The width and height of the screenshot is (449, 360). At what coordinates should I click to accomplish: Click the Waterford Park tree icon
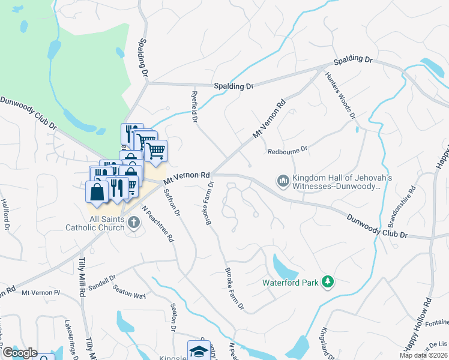(x=327, y=281)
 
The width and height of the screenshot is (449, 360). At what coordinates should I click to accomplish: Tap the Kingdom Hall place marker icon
(x=282, y=180)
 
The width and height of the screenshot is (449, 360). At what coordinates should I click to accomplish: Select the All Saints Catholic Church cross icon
(x=133, y=223)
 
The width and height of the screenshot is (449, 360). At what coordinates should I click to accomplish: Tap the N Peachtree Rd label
(x=158, y=224)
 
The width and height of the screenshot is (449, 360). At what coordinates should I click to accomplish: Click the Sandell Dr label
(x=101, y=283)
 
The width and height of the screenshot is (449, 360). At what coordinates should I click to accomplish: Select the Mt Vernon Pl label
(x=41, y=292)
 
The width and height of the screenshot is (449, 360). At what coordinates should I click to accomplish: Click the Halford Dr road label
(x=5, y=215)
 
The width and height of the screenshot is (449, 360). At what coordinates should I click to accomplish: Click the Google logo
(x=19, y=353)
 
